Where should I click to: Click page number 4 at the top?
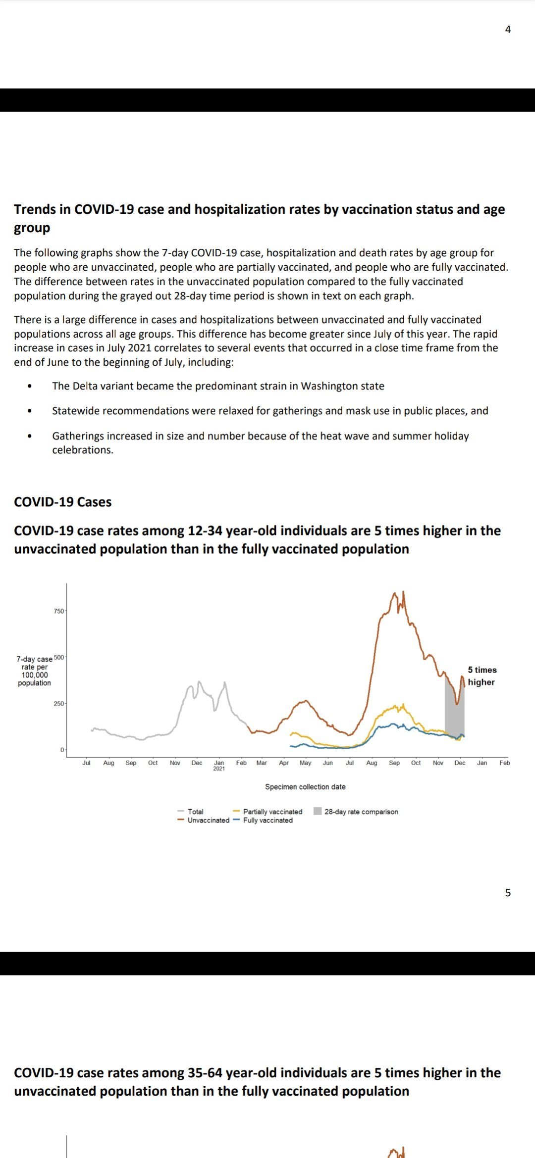pos(508,30)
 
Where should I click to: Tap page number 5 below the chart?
pos(508,893)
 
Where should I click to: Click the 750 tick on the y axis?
pos(58,611)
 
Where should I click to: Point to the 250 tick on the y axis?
pos(58,703)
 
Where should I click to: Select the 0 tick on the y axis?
pos(62,750)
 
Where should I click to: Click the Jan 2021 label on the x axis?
pos(219,765)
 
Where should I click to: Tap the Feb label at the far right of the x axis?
pos(505,763)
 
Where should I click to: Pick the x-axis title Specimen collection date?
pos(305,787)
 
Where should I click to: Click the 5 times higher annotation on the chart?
pos(482,676)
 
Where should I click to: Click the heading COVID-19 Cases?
pos(63,502)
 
